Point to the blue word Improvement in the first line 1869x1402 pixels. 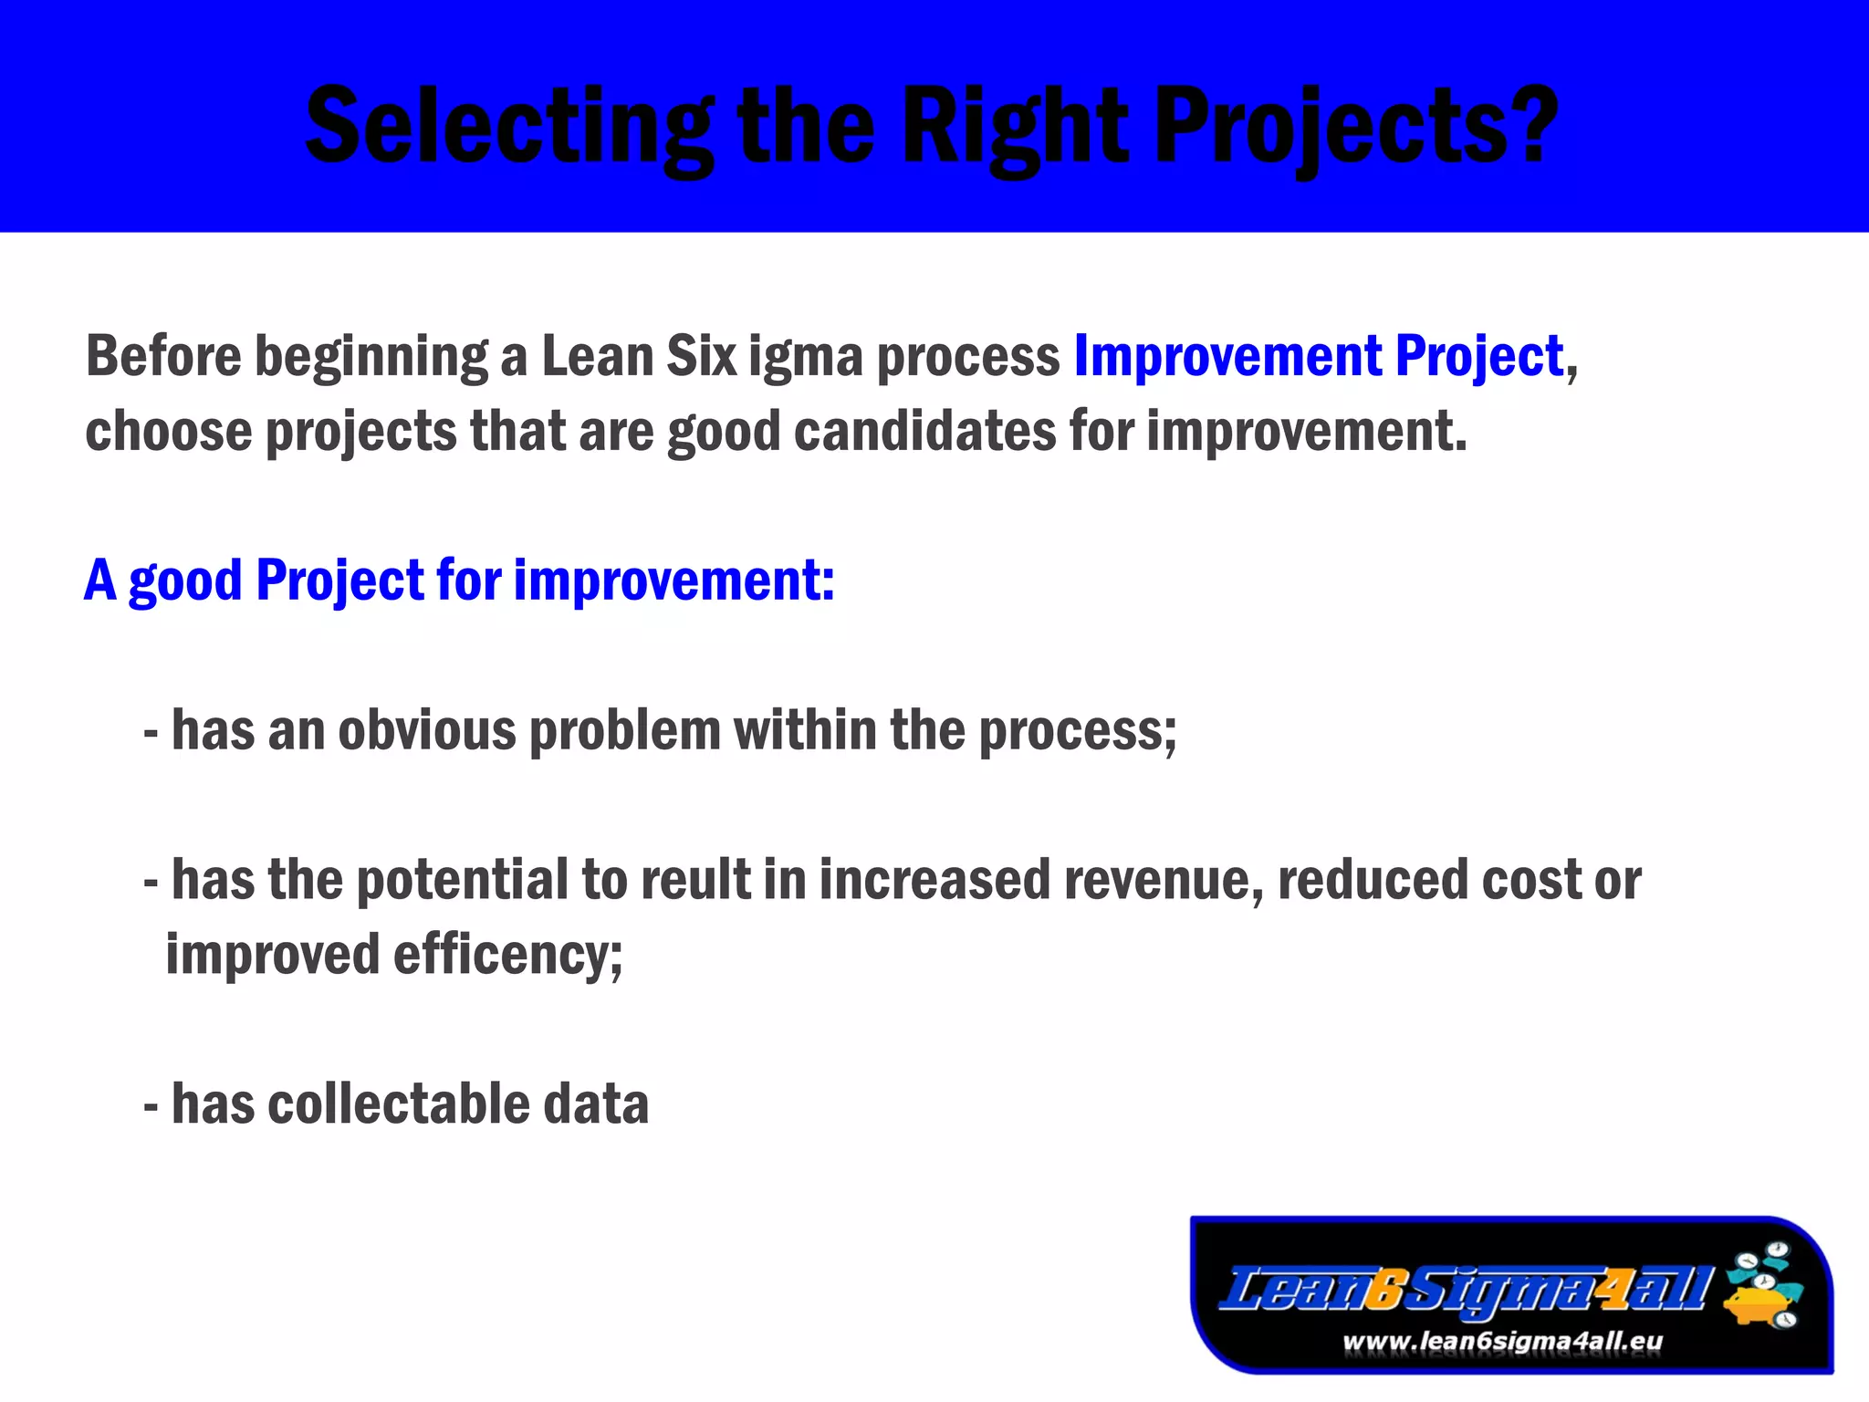point(1227,356)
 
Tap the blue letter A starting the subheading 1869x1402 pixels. point(100,581)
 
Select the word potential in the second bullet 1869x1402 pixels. point(462,880)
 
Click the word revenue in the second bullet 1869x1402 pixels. point(1164,880)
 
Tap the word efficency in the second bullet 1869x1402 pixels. point(507,956)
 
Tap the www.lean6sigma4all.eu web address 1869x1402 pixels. point(1502,1342)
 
